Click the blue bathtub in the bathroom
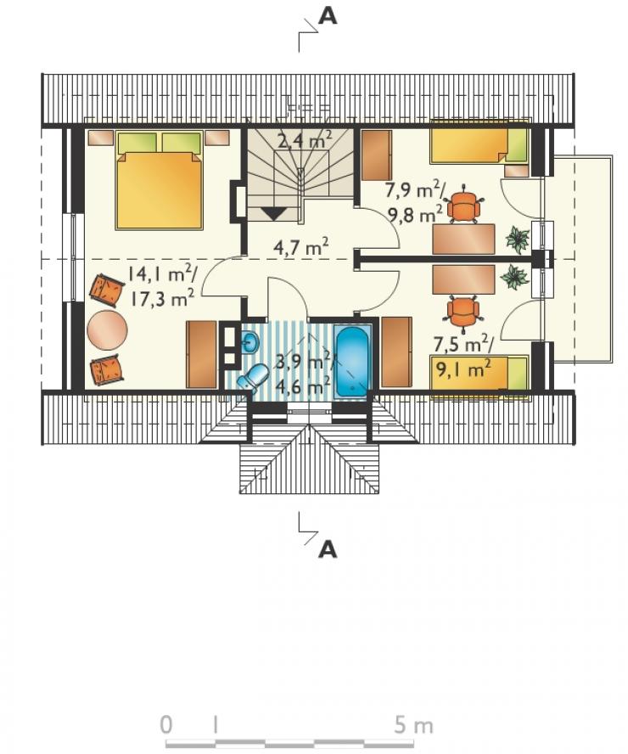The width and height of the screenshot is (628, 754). click(352, 362)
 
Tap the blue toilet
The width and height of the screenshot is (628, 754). click(254, 376)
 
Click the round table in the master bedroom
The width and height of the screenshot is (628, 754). click(107, 330)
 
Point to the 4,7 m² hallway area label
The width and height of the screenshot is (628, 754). click(300, 247)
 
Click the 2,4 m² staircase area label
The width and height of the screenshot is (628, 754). click(304, 139)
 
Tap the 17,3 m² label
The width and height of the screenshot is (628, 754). click(162, 298)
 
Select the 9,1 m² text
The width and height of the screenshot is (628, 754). click(463, 370)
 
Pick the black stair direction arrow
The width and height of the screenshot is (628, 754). click(273, 213)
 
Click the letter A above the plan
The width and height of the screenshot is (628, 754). click(328, 16)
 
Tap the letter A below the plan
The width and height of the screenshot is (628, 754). click(328, 549)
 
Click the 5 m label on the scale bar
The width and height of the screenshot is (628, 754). click(413, 725)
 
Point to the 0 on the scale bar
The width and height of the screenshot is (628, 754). click(165, 724)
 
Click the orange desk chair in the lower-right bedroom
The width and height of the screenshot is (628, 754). click(463, 312)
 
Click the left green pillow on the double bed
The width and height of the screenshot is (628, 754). click(137, 143)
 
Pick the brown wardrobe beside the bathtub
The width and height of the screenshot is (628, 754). click(396, 352)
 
